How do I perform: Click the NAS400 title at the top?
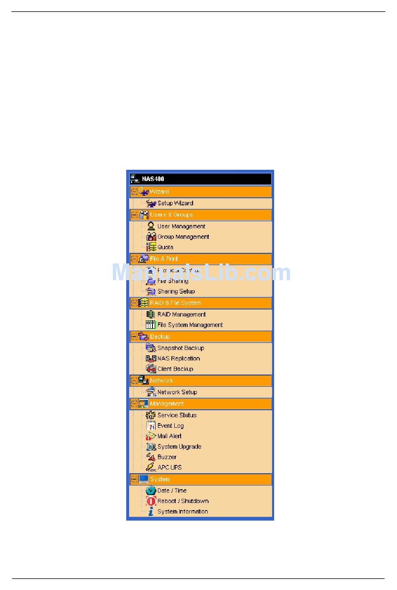[153, 179]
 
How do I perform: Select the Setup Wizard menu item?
[175, 203]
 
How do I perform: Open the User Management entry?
[181, 226]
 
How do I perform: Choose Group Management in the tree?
[183, 237]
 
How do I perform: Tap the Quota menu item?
[165, 247]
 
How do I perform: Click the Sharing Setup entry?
[176, 291]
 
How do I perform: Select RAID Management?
[181, 314]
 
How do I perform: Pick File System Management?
[190, 325]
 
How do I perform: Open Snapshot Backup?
[181, 348]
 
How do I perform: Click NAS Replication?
[178, 358]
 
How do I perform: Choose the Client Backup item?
[175, 369]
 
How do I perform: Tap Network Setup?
[177, 392]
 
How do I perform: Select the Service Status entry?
[177, 415]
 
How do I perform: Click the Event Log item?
[171, 426]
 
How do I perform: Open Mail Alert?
[169, 436]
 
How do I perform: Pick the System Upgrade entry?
[179, 447]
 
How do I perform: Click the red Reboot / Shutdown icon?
[151, 501]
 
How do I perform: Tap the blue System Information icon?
[151, 511]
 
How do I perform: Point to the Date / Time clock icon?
[151, 490]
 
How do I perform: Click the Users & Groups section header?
[171, 215]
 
